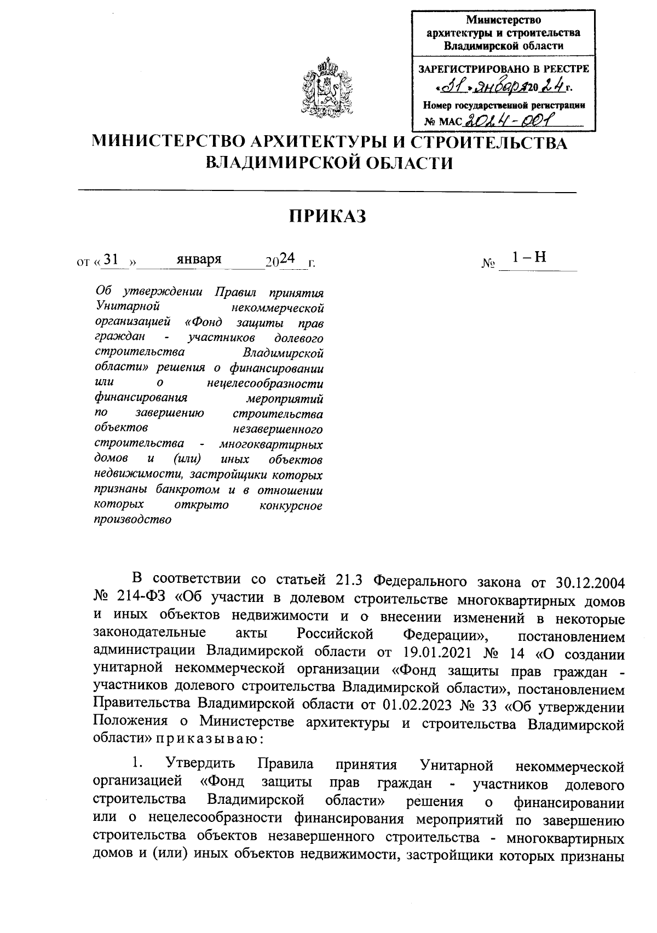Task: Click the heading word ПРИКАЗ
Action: point(327,217)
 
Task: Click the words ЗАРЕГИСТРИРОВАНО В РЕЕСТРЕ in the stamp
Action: point(504,69)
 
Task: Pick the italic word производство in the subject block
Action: point(133,520)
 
